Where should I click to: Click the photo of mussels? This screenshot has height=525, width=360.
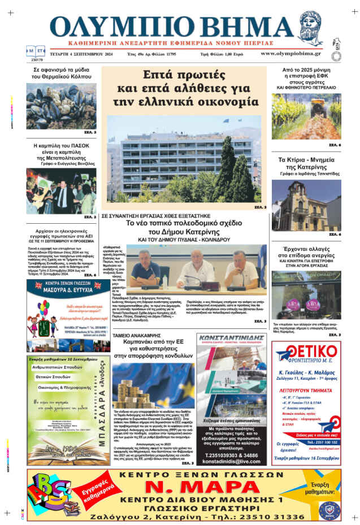pyautogui.click(x=61, y=106)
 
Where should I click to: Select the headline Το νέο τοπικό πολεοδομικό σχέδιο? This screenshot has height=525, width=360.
pyautogui.click(x=183, y=228)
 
